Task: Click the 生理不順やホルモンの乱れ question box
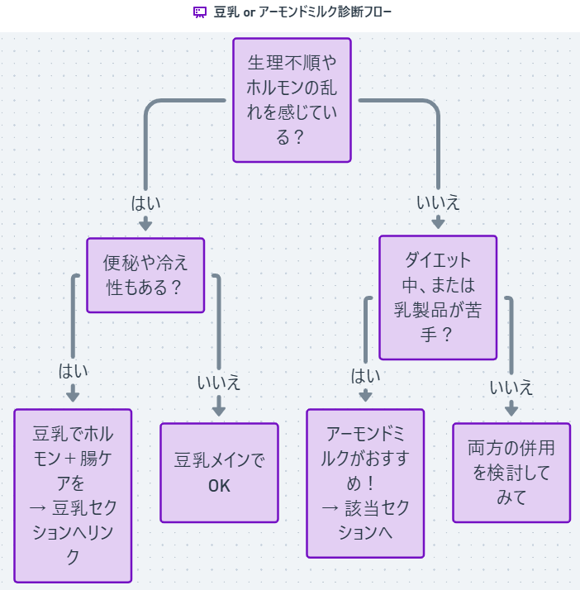click(x=292, y=99)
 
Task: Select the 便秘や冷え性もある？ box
click(x=145, y=275)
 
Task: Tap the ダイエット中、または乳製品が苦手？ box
click(x=437, y=297)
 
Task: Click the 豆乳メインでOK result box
click(x=219, y=473)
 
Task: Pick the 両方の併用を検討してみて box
click(x=511, y=473)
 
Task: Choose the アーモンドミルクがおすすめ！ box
click(x=364, y=483)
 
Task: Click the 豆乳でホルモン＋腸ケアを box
click(x=73, y=495)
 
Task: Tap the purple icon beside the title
click(x=199, y=12)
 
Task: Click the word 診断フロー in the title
click(x=363, y=12)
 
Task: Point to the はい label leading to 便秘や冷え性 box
click(x=145, y=202)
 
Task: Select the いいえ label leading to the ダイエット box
click(x=438, y=202)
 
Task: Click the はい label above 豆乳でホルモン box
click(x=73, y=371)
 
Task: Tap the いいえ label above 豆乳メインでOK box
click(x=219, y=383)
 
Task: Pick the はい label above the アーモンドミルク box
click(x=365, y=376)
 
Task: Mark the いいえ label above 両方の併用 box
click(x=511, y=388)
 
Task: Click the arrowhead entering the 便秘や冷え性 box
click(x=145, y=226)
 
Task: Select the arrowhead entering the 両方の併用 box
click(x=511, y=410)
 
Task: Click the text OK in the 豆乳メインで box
click(x=219, y=485)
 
